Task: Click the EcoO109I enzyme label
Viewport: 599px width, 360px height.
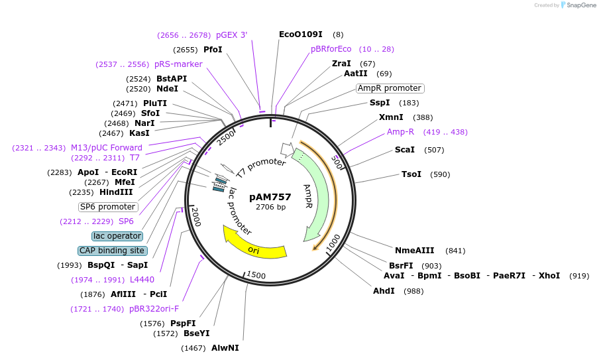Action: pyautogui.click(x=300, y=34)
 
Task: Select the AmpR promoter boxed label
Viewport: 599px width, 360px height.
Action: pyautogui.click(x=390, y=88)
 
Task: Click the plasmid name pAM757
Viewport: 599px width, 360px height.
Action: pyautogui.click(x=270, y=197)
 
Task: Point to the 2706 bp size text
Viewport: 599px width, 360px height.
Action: pyautogui.click(x=270, y=207)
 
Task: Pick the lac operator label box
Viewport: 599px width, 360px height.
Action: pyautogui.click(x=117, y=236)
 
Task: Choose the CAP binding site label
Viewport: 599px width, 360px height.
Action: pyautogui.click(x=112, y=251)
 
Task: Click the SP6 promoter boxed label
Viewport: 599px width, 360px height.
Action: pyautogui.click(x=108, y=207)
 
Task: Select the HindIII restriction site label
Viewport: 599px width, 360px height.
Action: pyautogui.click(x=116, y=192)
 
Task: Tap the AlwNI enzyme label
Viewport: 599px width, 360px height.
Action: pyautogui.click(x=225, y=348)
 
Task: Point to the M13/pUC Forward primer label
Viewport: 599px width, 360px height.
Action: pyautogui.click(x=107, y=148)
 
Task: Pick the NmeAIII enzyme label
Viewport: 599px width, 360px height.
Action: pyautogui.click(x=414, y=250)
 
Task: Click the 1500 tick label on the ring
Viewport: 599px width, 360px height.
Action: pyautogui.click(x=255, y=275)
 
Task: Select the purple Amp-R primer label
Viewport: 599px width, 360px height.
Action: pyautogui.click(x=400, y=132)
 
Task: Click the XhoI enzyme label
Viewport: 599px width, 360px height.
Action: pyautogui.click(x=549, y=276)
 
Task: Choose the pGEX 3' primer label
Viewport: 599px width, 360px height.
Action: pyautogui.click(x=231, y=35)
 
